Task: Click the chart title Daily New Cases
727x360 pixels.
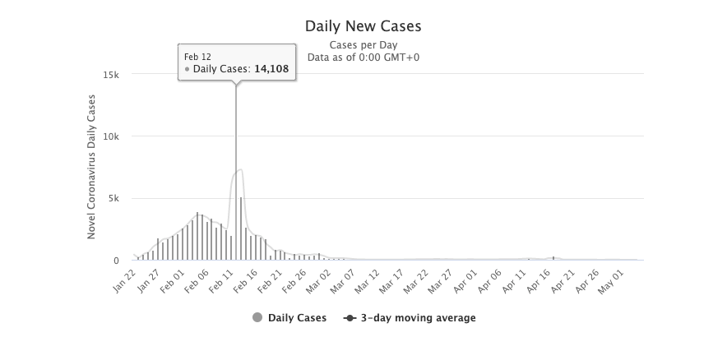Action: [363, 26]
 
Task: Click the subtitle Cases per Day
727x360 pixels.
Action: [363, 45]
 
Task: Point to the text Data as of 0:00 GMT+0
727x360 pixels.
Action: [363, 58]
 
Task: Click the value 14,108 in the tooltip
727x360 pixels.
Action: [271, 69]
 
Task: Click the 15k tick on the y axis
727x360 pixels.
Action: [111, 74]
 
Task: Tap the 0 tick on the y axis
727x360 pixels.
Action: [116, 261]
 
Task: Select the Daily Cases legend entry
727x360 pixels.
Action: [296, 317]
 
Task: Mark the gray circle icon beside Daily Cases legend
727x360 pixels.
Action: [257, 317]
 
